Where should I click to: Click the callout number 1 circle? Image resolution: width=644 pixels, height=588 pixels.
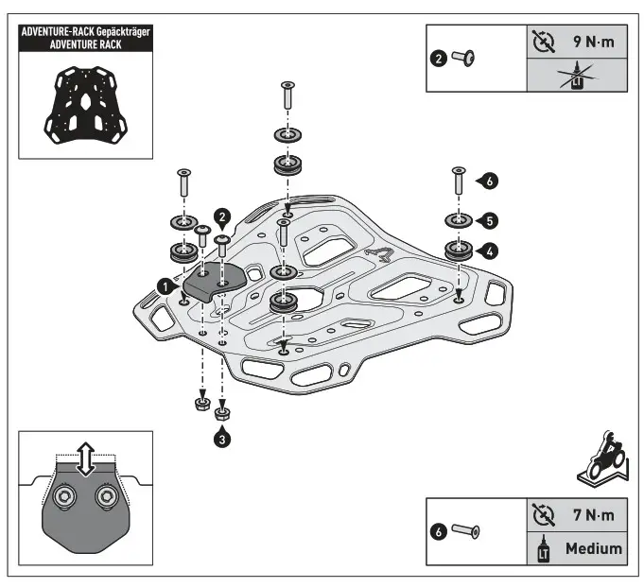(165, 284)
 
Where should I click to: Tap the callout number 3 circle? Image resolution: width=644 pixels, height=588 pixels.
(221, 438)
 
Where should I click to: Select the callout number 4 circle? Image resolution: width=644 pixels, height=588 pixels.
(488, 251)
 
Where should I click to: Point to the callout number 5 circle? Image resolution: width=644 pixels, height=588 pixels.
(488, 220)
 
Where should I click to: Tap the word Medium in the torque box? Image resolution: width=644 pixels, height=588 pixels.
(593, 548)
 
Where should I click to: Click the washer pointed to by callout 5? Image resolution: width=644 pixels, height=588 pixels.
(459, 221)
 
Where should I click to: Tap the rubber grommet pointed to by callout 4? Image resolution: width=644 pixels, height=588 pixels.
(459, 251)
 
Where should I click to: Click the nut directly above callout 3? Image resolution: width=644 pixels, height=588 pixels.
(221, 413)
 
